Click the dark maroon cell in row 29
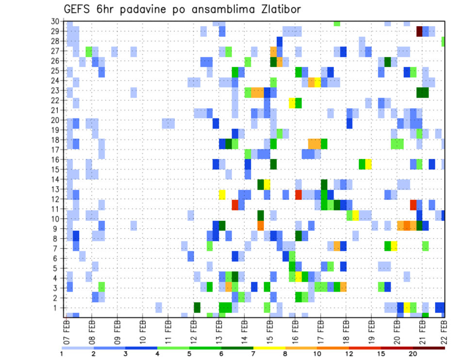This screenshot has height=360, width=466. (419, 32)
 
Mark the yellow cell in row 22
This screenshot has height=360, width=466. (292, 103)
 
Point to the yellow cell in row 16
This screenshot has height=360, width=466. (368, 164)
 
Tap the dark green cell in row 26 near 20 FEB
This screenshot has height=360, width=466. (388, 62)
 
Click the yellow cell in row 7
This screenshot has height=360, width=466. (394, 246)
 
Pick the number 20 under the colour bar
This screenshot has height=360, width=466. (413, 354)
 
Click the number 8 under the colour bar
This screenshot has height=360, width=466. (285, 354)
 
